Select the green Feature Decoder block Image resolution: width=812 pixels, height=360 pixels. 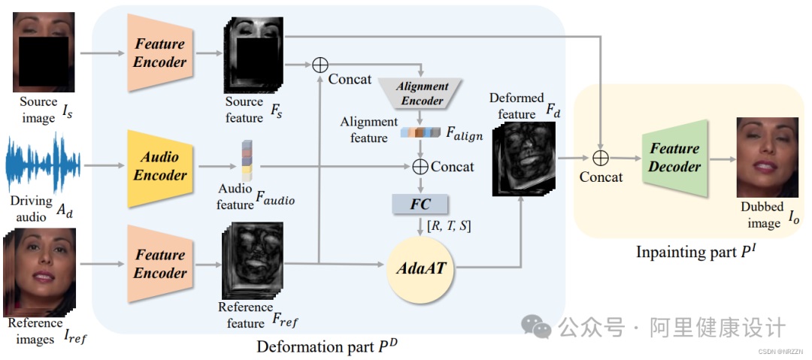pyautogui.click(x=674, y=158)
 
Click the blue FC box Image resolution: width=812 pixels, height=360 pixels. pyautogui.click(x=420, y=204)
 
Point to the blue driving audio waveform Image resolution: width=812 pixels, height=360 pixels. pyautogui.click(x=42, y=165)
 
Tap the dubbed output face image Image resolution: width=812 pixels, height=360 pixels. pyautogui.click(x=766, y=157)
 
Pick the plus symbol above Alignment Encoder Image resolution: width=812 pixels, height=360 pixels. pyautogui.click(x=320, y=64)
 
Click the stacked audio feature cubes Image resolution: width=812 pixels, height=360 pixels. pyautogui.click(x=246, y=159)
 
